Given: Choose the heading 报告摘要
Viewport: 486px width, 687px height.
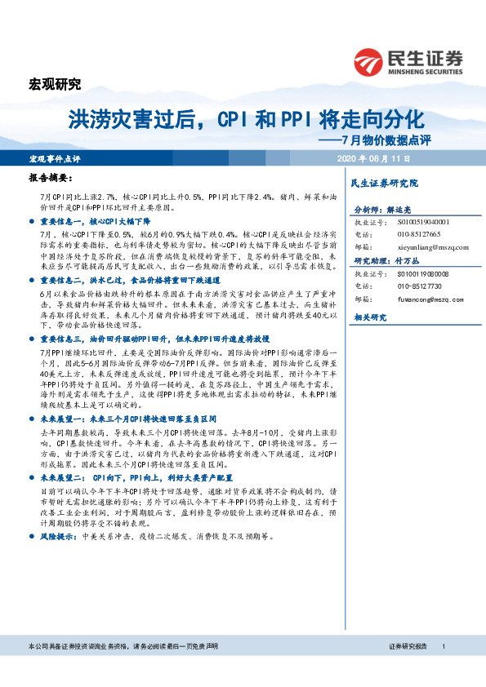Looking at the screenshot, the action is pyautogui.click(x=50, y=177).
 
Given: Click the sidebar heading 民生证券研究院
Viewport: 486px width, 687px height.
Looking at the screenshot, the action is pyautogui.click(x=383, y=184).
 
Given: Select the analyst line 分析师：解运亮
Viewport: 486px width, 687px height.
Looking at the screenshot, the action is pyautogui.click(x=381, y=208).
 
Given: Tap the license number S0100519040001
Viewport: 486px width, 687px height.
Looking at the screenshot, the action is pyautogui.click(x=406, y=221).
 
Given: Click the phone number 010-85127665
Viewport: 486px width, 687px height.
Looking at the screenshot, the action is pyautogui.click(x=397, y=233).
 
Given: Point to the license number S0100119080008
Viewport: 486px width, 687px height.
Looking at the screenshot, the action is pyautogui.click(x=406, y=274).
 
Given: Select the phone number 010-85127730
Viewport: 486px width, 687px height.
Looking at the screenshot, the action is pyautogui.click(x=397, y=286).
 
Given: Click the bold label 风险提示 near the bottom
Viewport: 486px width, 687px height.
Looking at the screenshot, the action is pyautogui.click(x=58, y=539).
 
